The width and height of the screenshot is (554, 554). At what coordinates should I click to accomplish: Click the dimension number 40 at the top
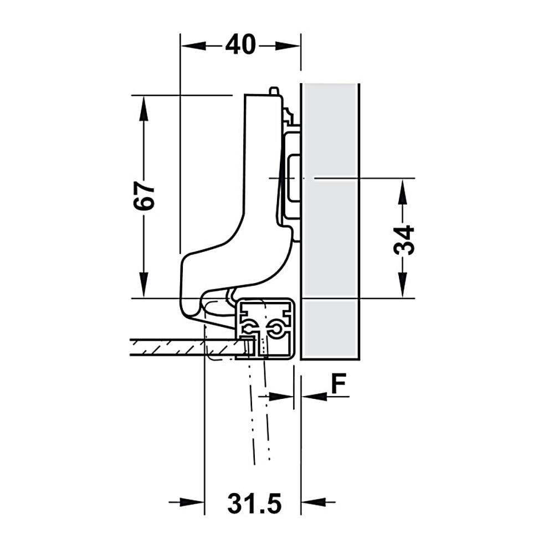pos(240,45)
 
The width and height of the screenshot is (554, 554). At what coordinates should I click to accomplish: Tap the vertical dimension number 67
pos(144,197)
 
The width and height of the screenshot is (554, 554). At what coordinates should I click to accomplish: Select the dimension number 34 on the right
pos(403,240)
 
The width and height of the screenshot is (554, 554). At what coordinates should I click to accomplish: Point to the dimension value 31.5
pos(254,503)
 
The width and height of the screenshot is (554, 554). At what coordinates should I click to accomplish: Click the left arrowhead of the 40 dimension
pos(193,45)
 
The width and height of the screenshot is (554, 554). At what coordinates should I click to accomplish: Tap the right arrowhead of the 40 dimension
pos(288,45)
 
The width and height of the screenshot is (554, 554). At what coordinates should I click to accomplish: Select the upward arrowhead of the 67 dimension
pos(144,108)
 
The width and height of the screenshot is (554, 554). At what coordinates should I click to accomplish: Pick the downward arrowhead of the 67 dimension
pos(144,285)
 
